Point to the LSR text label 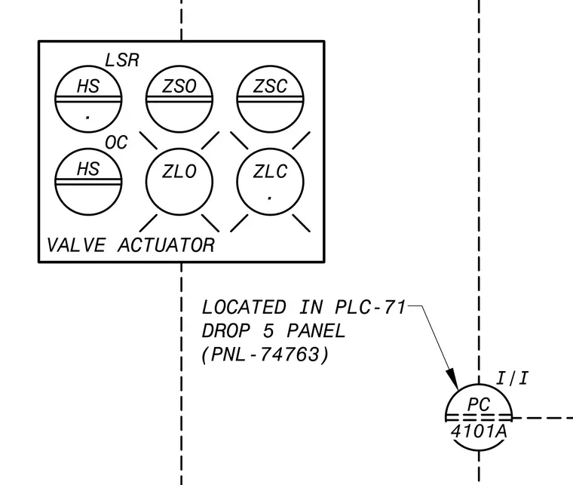tap(122, 60)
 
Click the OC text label tap(117, 143)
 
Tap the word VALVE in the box tap(76, 245)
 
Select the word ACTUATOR tap(167, 245)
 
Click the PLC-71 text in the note tap(370, 307)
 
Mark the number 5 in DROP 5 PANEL tap(268, 331)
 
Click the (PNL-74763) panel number tap(265, 355)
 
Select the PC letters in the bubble tap(479, 404)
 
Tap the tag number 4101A tap(479, 431)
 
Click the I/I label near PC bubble tap(512, 378)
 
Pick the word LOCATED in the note tap(244, 307)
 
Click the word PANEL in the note tap(316, 331)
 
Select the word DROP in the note tap(226, 331)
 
